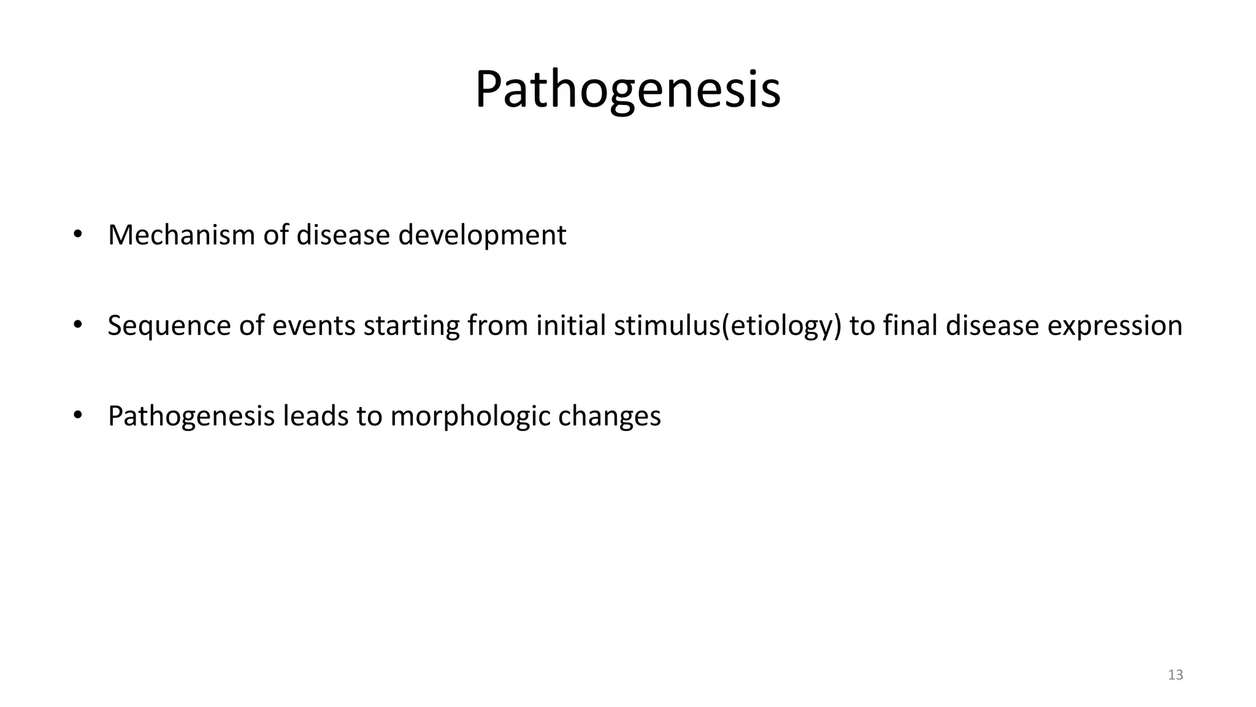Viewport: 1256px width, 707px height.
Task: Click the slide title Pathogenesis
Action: pos(627,90)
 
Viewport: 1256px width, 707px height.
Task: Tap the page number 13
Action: pos(1175,675)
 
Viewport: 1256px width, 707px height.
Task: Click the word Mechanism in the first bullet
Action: pos(182,235)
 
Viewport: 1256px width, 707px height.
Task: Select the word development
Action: pos(482,235)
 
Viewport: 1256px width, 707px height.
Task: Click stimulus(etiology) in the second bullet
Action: pos(727,326)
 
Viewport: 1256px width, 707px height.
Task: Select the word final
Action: pos(910,326)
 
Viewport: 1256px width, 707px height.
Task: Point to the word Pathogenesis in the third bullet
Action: pos(191,417)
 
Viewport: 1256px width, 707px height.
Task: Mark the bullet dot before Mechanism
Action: pos(77,234)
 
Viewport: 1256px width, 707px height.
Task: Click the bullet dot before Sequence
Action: pos(77,325)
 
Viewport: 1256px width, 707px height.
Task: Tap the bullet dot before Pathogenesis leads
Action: pos(77,415)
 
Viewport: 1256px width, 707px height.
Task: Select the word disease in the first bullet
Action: pos(343,235)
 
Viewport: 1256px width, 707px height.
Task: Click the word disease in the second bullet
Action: pos(992,326)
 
